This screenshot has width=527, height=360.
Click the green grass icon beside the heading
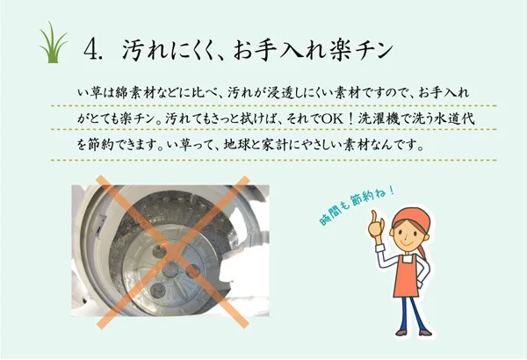pos(53,43)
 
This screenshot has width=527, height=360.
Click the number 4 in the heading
pos(90,49)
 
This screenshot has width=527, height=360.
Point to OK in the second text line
pos(333,119)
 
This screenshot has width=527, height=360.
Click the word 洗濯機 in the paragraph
pos(379,119)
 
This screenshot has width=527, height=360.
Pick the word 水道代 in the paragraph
pos(454,119)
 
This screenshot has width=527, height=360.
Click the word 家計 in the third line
pos(275,145)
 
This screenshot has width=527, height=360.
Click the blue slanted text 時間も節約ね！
pos(357,205)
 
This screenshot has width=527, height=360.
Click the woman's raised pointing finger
pos(374,216)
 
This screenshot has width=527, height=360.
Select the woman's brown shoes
pos(414,333)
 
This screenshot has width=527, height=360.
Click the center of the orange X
pos(172,251)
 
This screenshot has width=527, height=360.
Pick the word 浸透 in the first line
pos(281,92)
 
